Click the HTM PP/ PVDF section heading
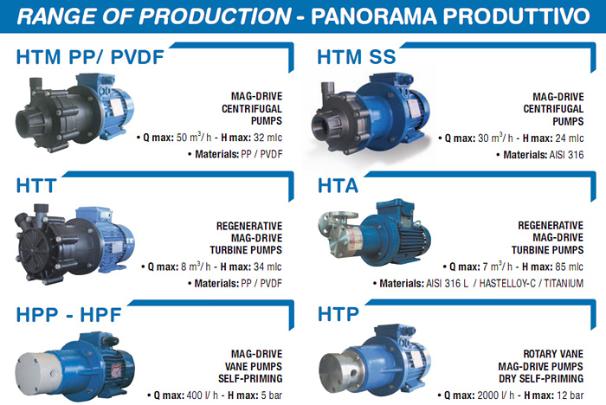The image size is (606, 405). [90, 57]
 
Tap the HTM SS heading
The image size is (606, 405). [357, 57]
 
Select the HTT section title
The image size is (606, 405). [36, 185]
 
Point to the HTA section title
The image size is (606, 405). [338, 185]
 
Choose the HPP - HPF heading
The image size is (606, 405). [68, 315]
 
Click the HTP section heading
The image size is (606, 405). [338, 314]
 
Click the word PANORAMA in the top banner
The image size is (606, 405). [374, 16]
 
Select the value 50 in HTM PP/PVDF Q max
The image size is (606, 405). [182, 138]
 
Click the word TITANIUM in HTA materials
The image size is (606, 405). [564, 284]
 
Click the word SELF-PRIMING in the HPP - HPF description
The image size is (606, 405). [250, 378]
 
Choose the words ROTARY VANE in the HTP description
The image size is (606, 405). [553, 354]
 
